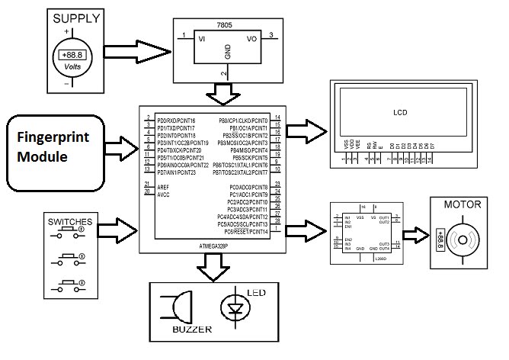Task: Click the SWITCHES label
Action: pos(70,223)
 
